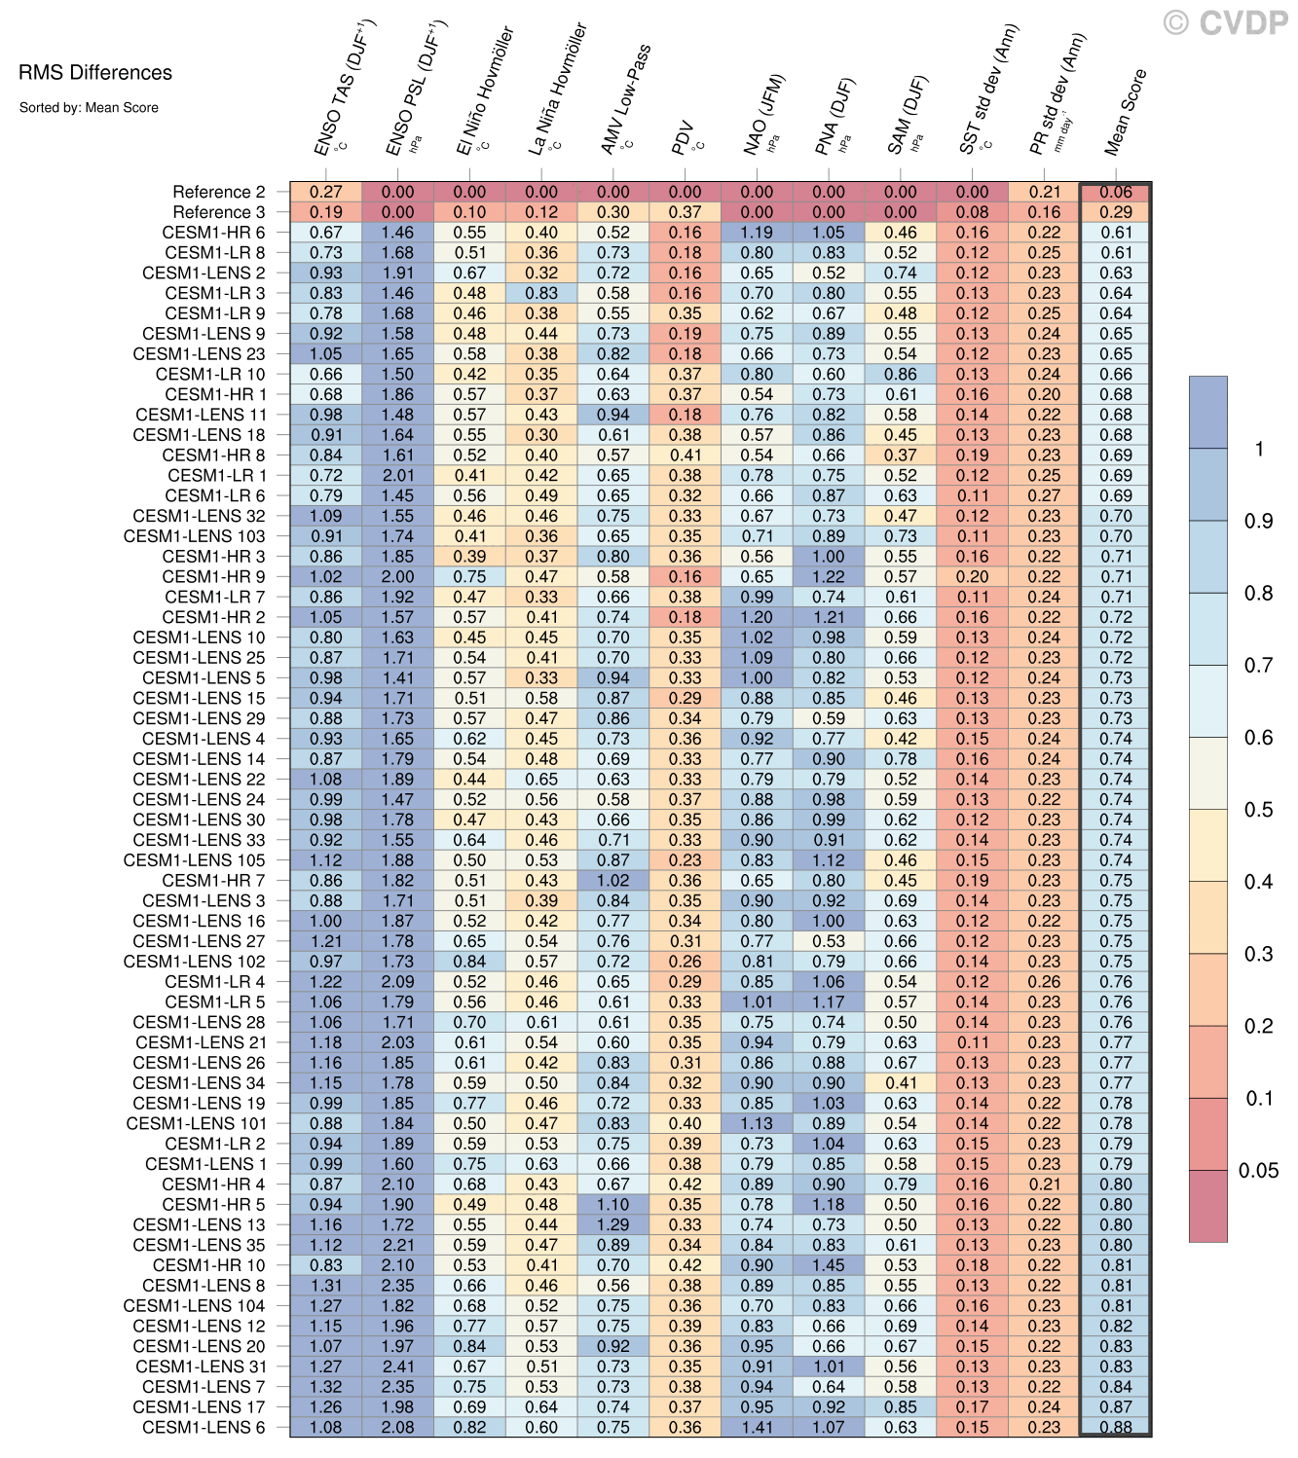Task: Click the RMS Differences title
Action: pyautogui.click(x=94, y=73)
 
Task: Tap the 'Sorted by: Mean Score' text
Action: pyautogui.click(x=89, y=108)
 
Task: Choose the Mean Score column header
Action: pyautogui.click(x=1126, y=113)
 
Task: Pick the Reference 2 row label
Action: pyautogui.click(x=218, y=192)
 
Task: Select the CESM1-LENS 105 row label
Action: pyautogui.click(x=194, y=860)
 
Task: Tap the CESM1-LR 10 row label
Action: pyautogui.click(x=209, y=374)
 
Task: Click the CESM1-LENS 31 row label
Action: pyautogui.click(x=200, y=1367)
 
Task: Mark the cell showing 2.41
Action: pyautogui.click(x=397, y=1367)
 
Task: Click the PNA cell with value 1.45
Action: pyautogui.click(x=829, y=1265)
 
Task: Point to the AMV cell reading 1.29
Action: pyautogui.click(x=613, y=1224)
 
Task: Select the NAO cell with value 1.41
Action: pyautogui.click(x=757, y=1427)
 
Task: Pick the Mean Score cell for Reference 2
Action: pyautogui.click(x=1116, y=192)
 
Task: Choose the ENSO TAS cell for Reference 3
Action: pyautogui.click(x=326, y=212)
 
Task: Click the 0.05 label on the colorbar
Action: pyautogui.click(x=1258, y=1171)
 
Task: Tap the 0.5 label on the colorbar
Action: pyautogui.click(x=1258, y=810)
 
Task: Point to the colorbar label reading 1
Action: pyautogui.click(x=1259, y=449)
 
